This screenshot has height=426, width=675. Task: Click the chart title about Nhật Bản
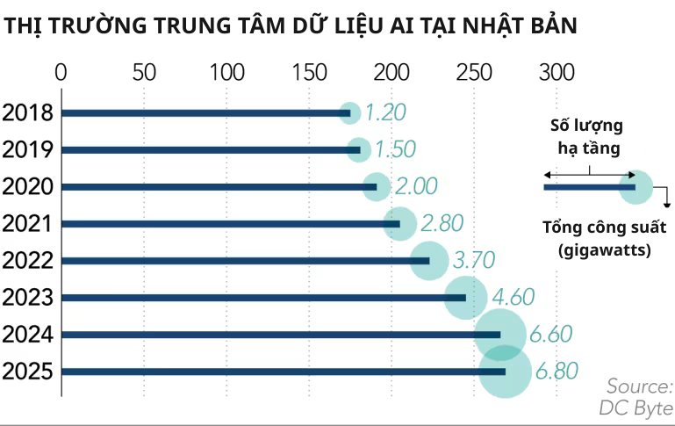tap(290, 26)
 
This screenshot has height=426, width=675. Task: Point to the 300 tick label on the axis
tap(556, 72)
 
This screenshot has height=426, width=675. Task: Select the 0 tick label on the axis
tap(61, 72)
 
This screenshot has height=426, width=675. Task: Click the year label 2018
tap(28, 112)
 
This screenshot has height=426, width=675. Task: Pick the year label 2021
tap(28, 223)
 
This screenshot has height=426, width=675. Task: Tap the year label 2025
tap(28, 372)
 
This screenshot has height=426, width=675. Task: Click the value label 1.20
tap(385, 112)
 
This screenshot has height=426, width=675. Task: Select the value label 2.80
tap(442, 223)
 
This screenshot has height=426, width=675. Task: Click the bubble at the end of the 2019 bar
tap(359, 150)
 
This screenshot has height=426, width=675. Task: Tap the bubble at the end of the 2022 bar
tap(429, 261)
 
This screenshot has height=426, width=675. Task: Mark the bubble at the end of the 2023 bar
tap(466, 298)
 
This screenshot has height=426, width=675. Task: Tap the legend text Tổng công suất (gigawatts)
tap(603, 239)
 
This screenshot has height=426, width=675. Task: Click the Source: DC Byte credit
tap(637, 397)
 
